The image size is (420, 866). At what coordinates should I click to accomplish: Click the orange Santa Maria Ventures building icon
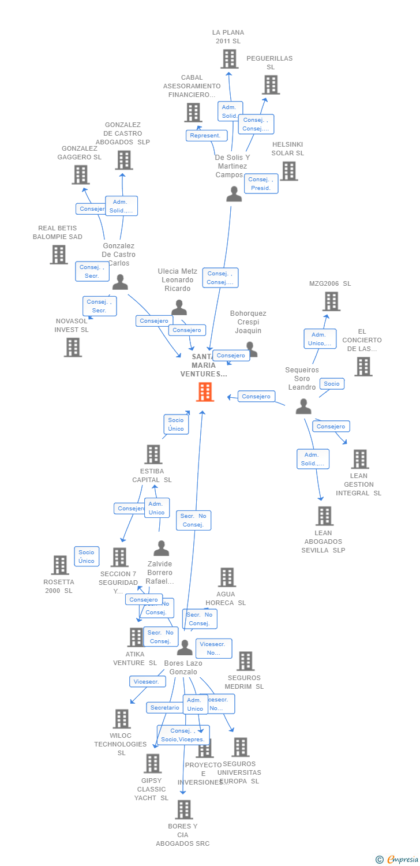pos(205,392)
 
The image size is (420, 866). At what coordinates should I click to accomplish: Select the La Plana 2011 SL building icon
pos(229,59)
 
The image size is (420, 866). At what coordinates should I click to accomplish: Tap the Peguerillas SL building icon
pos(271,85)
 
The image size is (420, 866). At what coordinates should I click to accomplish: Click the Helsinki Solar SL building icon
pos(288,171)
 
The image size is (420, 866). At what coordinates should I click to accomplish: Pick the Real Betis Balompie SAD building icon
pos(58,255)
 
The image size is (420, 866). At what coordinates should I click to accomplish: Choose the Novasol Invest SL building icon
pos(73,348)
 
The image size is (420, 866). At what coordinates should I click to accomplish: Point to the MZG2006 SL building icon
pos(331,301)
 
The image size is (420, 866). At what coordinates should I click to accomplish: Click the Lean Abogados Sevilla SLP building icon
pos(324,516)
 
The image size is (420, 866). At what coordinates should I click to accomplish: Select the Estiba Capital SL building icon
pos(153,454)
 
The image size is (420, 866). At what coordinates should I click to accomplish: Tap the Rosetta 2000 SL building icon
pos(60,565)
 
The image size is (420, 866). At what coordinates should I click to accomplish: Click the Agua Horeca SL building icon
pos(227,577)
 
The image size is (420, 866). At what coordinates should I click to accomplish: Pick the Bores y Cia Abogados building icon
pos(183,809)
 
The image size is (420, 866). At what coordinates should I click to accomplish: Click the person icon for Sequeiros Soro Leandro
pos(303,407)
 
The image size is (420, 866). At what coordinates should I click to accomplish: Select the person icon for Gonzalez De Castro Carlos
pos(120,282)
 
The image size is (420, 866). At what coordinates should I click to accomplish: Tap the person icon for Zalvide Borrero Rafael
pos(161,548)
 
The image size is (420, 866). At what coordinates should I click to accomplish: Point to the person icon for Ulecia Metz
pos(179,308)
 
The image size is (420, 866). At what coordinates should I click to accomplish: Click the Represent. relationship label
pos(206,136)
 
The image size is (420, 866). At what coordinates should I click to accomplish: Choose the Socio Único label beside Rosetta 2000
pos(87,557)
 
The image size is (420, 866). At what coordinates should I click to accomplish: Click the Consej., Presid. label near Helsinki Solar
pos(261,184)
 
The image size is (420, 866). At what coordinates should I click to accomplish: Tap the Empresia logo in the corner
pos(397,860)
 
